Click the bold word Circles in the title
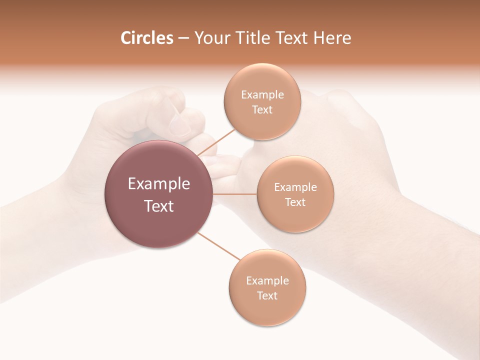tap(146, 38)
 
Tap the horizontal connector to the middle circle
tap(234, 194)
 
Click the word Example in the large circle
tap(159, 184)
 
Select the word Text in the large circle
tap(159, 206)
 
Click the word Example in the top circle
tap(262, 95)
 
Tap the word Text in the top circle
tap(262, 110)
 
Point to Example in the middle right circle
tap(295, 187)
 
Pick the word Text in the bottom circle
tap(267, 295)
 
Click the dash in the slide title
tap(183, 38)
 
